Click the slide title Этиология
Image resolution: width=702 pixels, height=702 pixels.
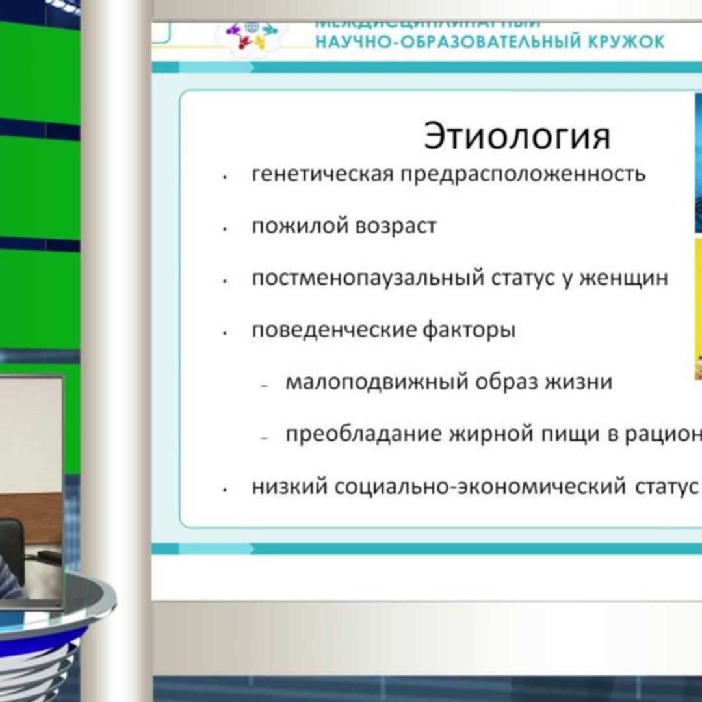point(517,136)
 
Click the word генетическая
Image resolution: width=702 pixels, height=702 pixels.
point(322,174)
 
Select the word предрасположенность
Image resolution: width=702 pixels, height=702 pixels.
point(523,174)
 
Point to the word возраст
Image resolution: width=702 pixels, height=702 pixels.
point(396,227)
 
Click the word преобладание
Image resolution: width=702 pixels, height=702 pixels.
point(364,434)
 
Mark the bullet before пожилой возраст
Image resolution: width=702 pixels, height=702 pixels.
point(224,229)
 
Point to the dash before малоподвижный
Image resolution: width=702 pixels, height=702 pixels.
point(265,385)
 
